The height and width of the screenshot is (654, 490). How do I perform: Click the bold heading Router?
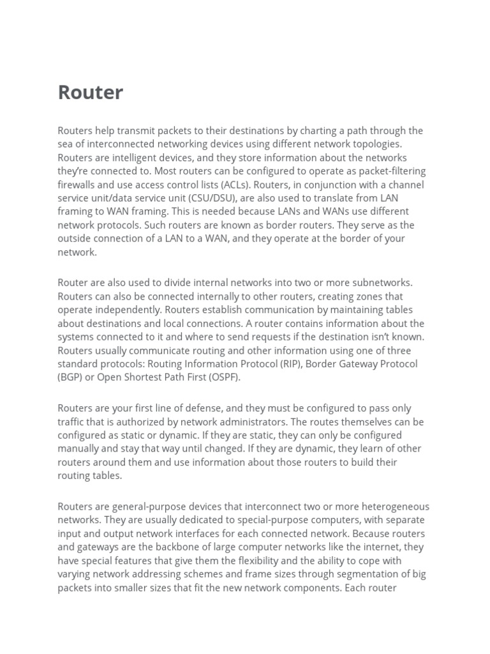[x=91, y=93]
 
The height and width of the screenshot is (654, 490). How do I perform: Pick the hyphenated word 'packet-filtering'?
[x=391, y=171]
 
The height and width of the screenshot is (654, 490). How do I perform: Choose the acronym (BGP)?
[x=72, y=377]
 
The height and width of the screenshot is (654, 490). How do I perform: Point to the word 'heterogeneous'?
[x=395, y=506]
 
